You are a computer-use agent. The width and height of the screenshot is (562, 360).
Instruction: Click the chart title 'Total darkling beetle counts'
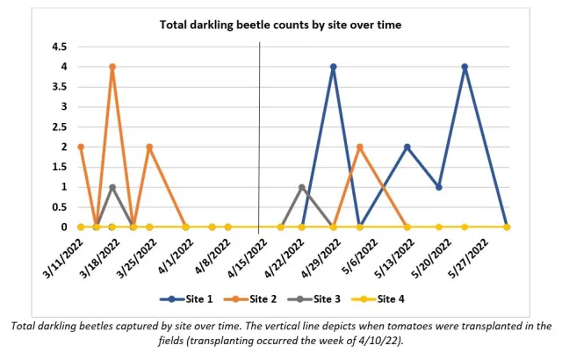click(280, 25)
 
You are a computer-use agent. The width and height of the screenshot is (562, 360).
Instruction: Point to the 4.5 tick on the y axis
click(60, 47)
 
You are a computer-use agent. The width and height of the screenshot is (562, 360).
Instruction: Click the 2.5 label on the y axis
click(60, 126)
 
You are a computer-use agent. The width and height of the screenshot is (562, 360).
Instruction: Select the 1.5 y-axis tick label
click(60, 167)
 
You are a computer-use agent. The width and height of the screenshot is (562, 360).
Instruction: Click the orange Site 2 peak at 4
click(112, 67)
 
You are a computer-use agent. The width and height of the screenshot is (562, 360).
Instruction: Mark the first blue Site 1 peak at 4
click(334, 67)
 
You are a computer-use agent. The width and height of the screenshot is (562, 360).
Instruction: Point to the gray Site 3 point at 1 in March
click(112, 187)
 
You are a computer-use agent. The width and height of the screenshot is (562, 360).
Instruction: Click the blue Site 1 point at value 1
click(439, 187)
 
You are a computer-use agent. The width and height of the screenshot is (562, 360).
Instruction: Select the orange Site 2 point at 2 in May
click(360, 147)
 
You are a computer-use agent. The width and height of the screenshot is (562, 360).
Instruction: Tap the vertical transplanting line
click(260, 132)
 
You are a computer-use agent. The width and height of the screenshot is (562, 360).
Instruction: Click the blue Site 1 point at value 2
click(407, 147)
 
